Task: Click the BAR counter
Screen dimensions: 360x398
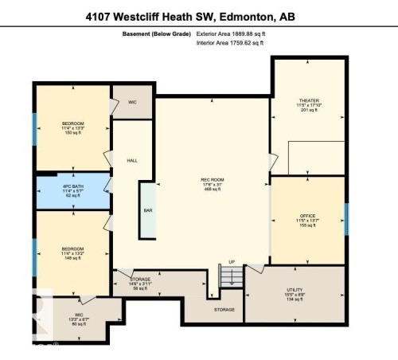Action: [148, 210]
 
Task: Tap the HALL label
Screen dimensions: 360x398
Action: [132, 160]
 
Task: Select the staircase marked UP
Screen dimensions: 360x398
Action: [231, 276]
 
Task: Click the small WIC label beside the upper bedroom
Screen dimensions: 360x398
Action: [133, 102]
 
